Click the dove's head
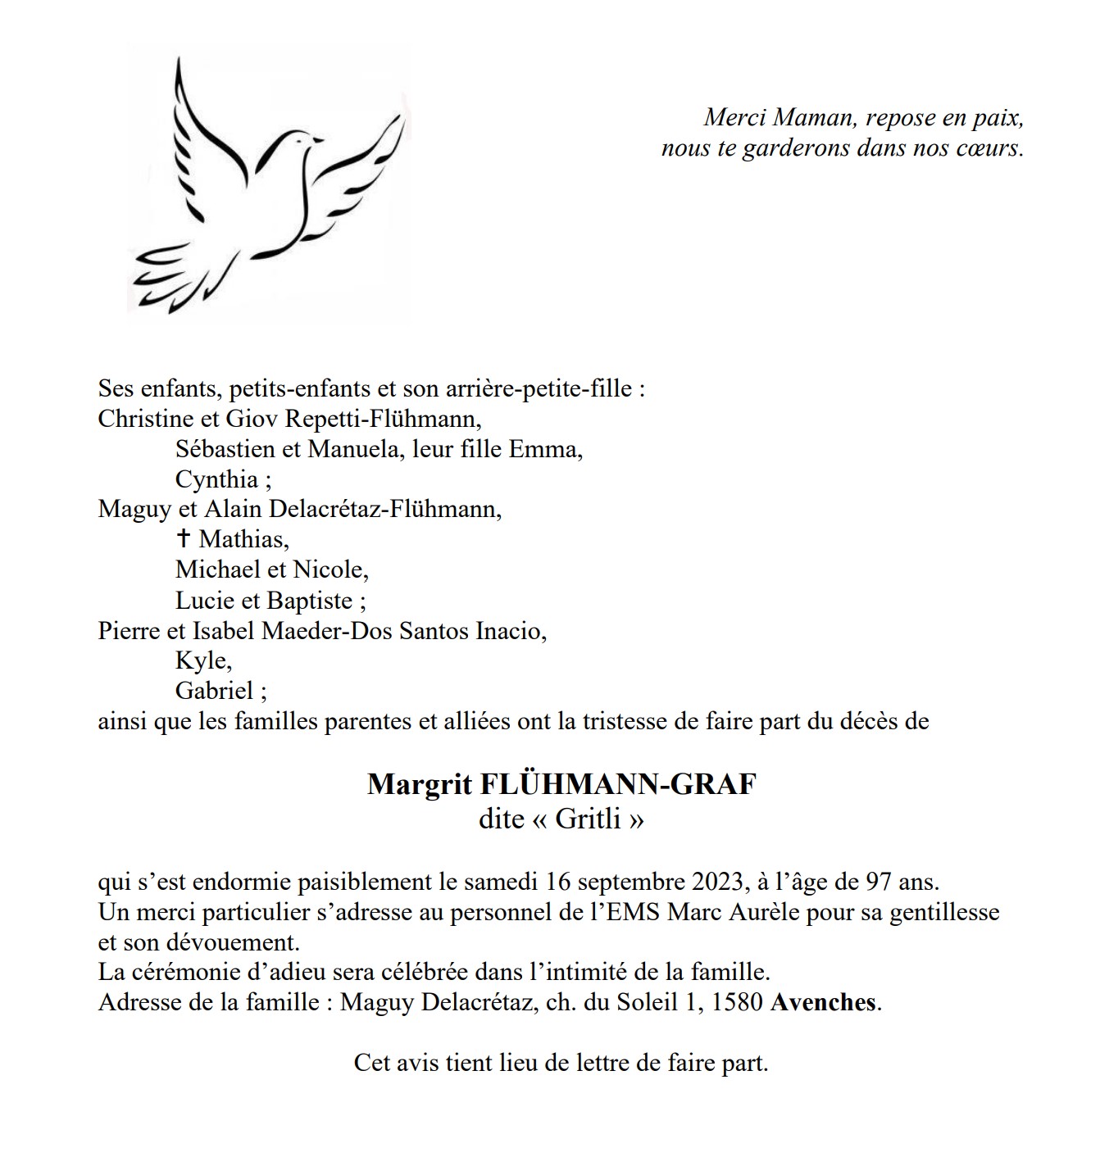[x=297, y=141]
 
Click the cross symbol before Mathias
[x=184, y=538]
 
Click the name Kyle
[x=202, y=660]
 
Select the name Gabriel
[x=215, y=690]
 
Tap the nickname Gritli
[x=588, y=819]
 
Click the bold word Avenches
[x=823, y=1002]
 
